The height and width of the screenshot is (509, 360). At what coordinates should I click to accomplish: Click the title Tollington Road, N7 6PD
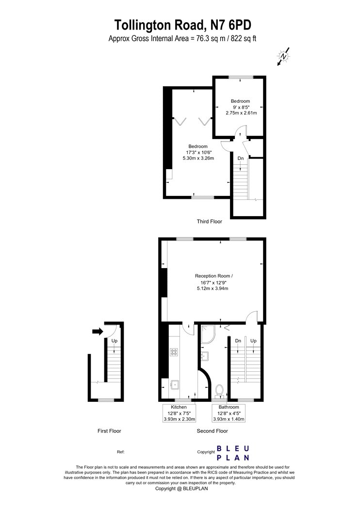[182, 25]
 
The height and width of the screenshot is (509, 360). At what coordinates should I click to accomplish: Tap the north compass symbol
[284, 57]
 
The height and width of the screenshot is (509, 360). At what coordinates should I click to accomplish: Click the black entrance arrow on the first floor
[98, 332]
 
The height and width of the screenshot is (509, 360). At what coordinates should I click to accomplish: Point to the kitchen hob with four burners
[174, 352]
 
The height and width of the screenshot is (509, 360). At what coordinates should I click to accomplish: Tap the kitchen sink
[175, 385]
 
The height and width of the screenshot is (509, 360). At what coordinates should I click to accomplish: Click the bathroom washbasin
[205, 356]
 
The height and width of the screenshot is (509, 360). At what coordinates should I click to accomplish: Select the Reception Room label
[214, 276]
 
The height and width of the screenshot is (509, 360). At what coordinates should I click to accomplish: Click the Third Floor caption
[210, 222]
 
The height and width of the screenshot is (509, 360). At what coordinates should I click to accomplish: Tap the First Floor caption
[109, 431]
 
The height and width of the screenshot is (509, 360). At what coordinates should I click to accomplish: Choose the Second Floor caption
[212, 431]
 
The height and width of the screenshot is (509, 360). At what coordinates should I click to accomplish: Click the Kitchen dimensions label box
[180, 413]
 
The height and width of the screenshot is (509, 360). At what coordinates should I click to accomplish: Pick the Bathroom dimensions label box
[229, 413]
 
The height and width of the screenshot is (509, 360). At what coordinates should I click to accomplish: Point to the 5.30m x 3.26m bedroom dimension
[198, 158]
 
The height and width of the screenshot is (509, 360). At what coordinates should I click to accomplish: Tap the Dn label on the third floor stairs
[241, 159]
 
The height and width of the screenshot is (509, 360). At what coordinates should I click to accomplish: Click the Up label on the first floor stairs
[115, 341]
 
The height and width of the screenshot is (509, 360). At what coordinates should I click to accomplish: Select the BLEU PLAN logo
[233, 453]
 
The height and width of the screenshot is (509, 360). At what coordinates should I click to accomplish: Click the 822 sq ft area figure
[244, 39]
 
